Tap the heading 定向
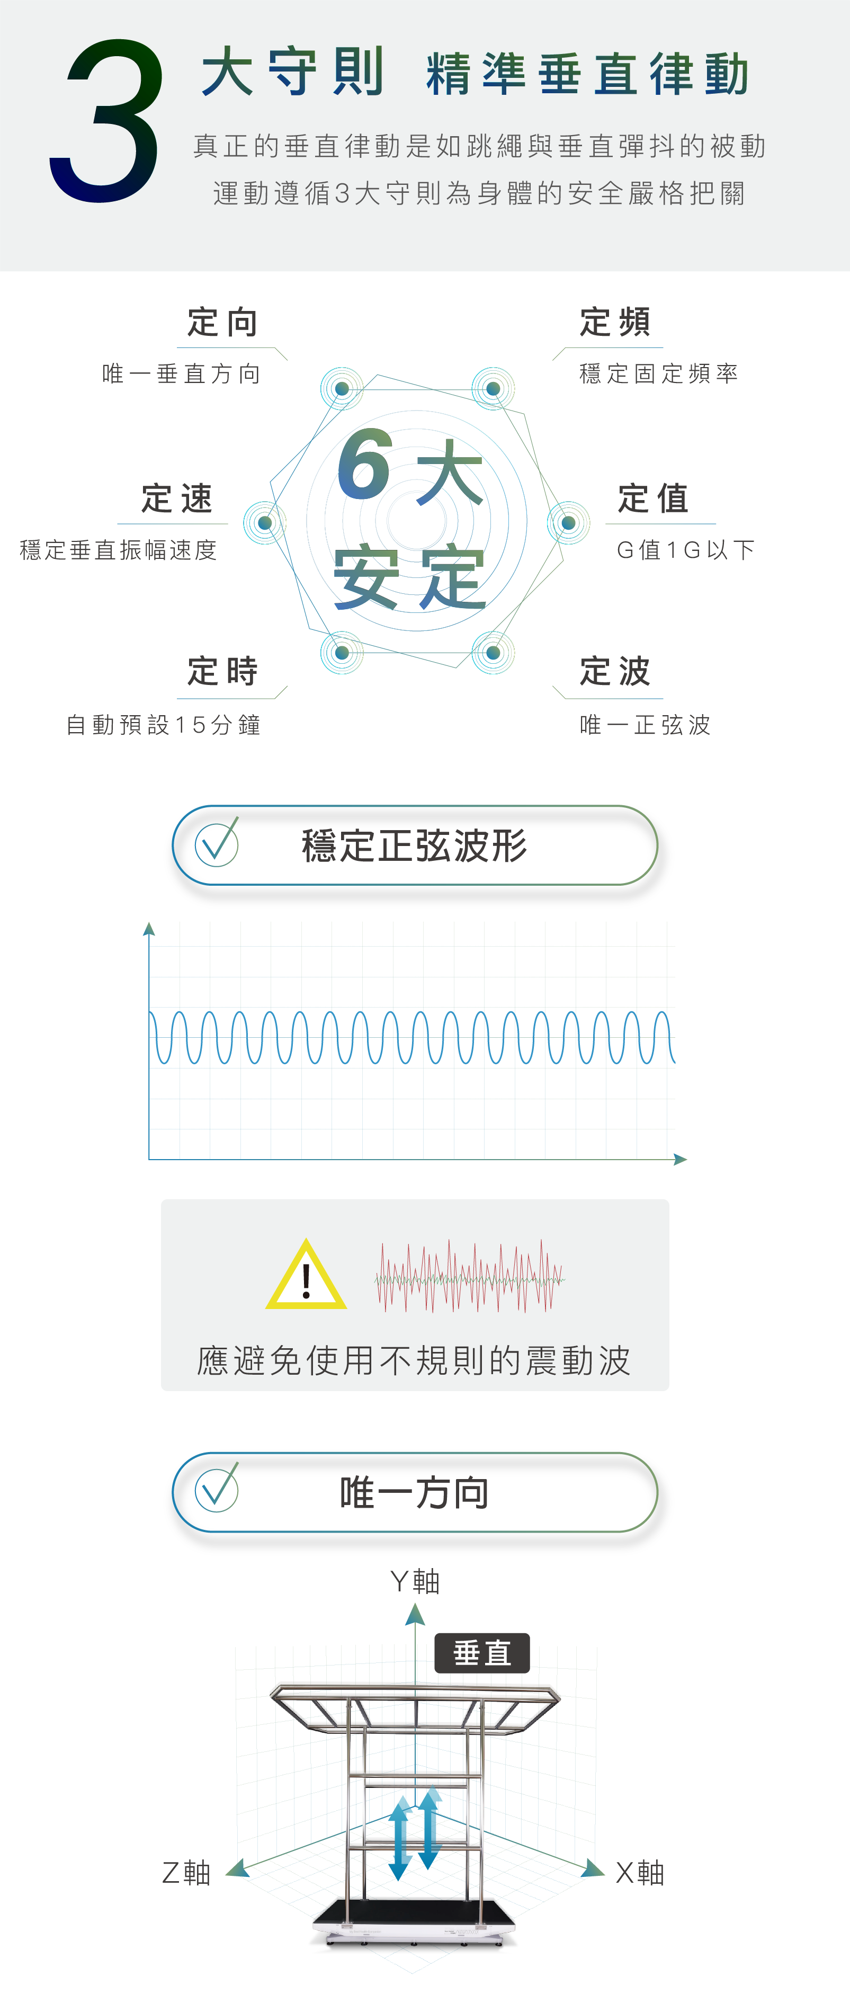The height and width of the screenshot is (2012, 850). (x=222, y=323)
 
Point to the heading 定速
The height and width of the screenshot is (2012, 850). (x=177, y=498)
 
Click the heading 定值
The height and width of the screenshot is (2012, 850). (x=654, y=498)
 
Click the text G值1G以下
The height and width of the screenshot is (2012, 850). (x=685, y=550)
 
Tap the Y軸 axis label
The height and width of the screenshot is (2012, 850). (x=415, y=1582)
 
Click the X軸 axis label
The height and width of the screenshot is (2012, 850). (x=639, y=1873)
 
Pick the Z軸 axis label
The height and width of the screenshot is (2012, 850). (x=186, y=1873)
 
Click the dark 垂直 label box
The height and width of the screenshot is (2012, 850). (x=481, y=1653)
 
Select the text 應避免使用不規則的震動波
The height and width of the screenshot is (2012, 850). (x=414, y=1360)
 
